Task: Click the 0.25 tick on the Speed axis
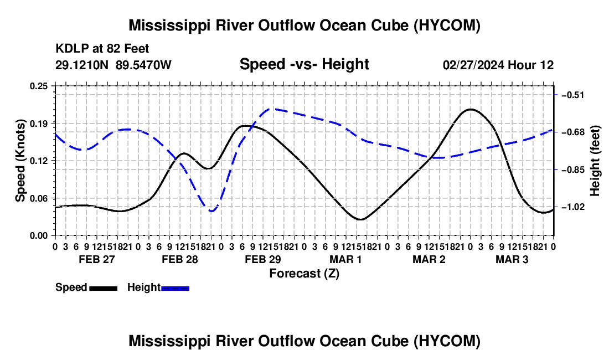pyautogui.click(x=38, y=86)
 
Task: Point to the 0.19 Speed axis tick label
pyautogui.click(x=38, y=124)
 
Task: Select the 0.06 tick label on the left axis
pyautogui.click(x=38, y=198)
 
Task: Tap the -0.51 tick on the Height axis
pyautogui.click(x=573, y=95)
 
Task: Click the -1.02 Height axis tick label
pyautogui.click(x=573, y=207)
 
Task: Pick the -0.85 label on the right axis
pyautogui.click(x=573, y=170)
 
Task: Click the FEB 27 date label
pyautogui.click(x=97, y=259)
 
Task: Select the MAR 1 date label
pyautogui.click(x=345, y=259)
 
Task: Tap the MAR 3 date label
pyautogui.click(x=512, y=259)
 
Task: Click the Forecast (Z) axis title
pyautogui.click(x=304, y=274)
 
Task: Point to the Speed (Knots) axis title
pyautogui.click(x=20, y=161)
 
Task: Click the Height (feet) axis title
pyautogui.click(x=595, y=161)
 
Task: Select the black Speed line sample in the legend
pyautogui.click(x=104, y=289)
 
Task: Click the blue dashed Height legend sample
pyautogui.click(x=175, y=289)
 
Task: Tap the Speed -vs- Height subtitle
pyautogui.click(x=304, y=64)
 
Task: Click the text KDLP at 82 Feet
pyautogui.click(x=102, y=49)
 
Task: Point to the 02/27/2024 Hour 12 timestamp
pyautogui.click(x=498, y=65)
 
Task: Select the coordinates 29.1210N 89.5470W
pyautogui.click(x=113, y=65)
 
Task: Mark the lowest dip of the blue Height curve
pyautogui.click(x=211, y=211)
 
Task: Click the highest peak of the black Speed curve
pyautogui.click(x=471, y=110)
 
